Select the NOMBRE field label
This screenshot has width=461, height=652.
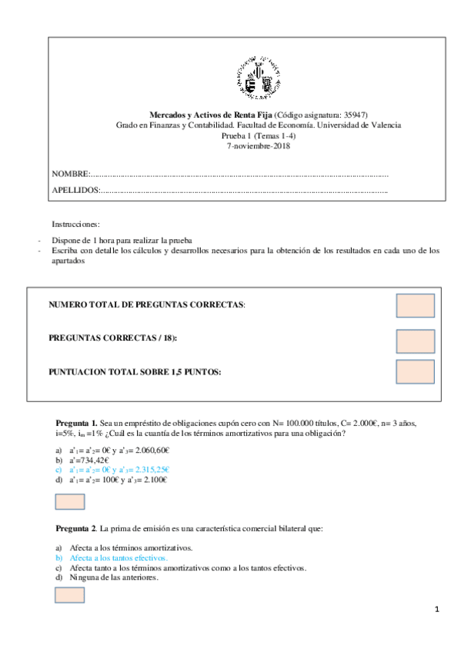[x=71, y=174]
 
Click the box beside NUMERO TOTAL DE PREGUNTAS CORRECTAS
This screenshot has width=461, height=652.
[x=416, y=304]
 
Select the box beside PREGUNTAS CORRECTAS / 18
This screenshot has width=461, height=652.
[x=416, y=341]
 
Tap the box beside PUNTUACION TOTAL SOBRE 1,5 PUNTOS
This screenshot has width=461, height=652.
[x=416, y=372]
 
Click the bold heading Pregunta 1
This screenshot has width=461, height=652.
[x=76, y=424]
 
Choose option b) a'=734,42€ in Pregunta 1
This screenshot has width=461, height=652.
[x=89, y=460]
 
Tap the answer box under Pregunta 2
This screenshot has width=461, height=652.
[x=70, y=594]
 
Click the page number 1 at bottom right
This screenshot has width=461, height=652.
[x=436, y=610]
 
